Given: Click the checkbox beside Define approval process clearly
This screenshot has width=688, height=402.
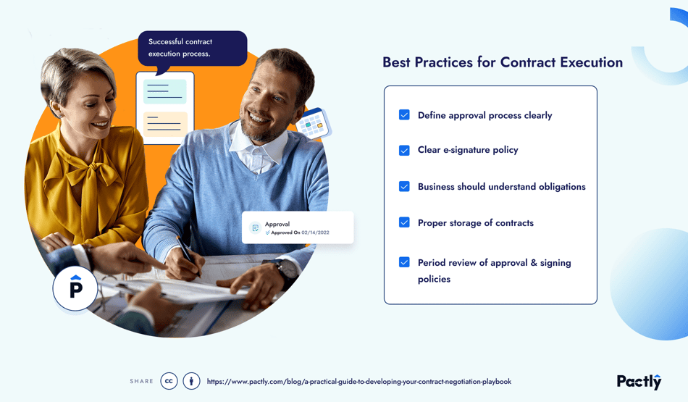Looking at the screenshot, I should [404, 115].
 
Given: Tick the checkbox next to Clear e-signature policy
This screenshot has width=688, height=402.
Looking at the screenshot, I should [404, 151].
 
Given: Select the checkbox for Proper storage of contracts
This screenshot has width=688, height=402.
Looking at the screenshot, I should [404, 222].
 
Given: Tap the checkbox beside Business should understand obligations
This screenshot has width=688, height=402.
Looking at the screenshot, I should [404, 186].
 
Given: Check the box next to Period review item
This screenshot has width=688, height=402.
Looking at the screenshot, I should [404, 262].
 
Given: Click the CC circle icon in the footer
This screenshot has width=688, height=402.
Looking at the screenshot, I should [169, 381].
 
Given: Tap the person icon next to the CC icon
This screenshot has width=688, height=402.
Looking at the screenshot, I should [191, 381].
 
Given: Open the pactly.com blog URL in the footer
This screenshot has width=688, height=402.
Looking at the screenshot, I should [358, 382].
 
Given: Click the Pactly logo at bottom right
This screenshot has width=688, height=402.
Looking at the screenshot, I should [639, 381].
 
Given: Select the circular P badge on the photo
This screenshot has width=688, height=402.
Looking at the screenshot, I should [75, 288].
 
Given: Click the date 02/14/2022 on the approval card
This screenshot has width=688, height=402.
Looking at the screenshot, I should [315, 233].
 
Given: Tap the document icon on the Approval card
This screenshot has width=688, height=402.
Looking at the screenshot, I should [255, 228].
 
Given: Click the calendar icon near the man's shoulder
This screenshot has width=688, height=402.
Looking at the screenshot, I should [314, 125].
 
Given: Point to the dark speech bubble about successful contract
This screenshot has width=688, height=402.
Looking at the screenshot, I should [192, 48].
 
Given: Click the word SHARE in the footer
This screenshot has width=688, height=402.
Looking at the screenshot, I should [141, 382].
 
